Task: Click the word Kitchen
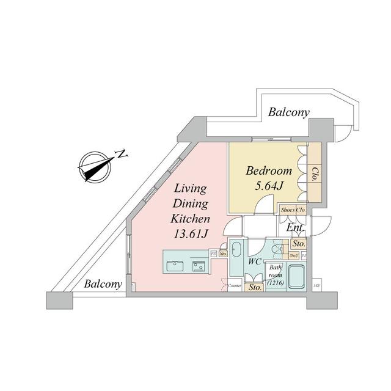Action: click(191, 218)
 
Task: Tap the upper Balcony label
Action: click(289, 112)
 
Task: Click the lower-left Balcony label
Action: click(103, 284)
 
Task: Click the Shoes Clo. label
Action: click(293, 210)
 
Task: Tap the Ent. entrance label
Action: click(296, 228)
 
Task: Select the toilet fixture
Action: click(277, 250)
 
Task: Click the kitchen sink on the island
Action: click(174, 265)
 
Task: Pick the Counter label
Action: click(235, 285)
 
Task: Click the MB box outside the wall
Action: click(316, 285)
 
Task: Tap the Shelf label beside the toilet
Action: click(293, 256)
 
